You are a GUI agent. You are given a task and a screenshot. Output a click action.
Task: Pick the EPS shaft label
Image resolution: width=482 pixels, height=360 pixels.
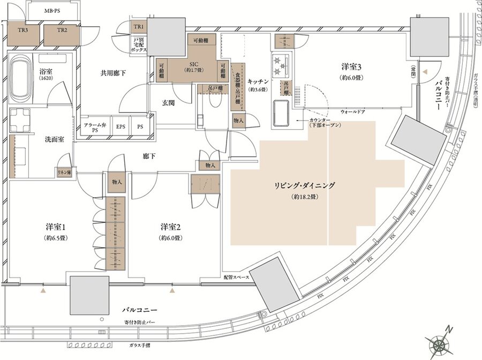pyautogui.click(x=121, y=127)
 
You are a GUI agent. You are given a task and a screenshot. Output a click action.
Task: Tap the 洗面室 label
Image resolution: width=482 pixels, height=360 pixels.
pyautogui.click(x=54, y=139)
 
